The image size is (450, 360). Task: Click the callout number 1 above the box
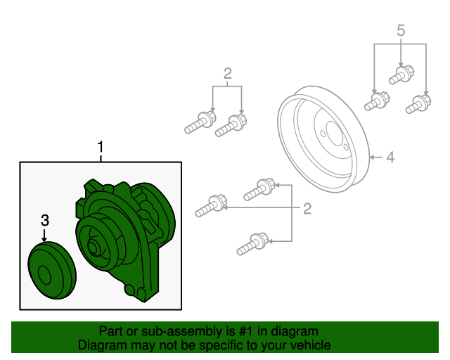pos(100,147)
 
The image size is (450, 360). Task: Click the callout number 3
pos(45,221)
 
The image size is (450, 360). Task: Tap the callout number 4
pos(390,157)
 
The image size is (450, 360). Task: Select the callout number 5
pos(401,30)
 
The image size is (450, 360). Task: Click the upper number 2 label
pos(228,74)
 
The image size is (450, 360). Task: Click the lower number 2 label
pos(307,209)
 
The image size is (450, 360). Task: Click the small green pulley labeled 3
pos(52,271)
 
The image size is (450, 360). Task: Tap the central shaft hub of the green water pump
pos(93,247)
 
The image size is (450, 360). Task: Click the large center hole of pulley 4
pos(335,135)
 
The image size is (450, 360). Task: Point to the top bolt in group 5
pos(401,75)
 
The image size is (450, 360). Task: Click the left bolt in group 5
pos(377,101)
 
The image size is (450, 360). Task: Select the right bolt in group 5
pos(418,104)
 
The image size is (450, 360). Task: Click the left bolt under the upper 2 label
pos(200,122)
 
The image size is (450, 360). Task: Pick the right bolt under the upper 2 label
pos(231,125)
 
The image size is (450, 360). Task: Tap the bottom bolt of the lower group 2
pos(253,244)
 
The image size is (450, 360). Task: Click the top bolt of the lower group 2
pos(259,189)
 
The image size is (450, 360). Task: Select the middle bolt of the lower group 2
pos(211,205)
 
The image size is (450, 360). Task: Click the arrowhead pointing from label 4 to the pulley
pos(372,157)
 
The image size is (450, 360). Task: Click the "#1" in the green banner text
pos(246,331)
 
